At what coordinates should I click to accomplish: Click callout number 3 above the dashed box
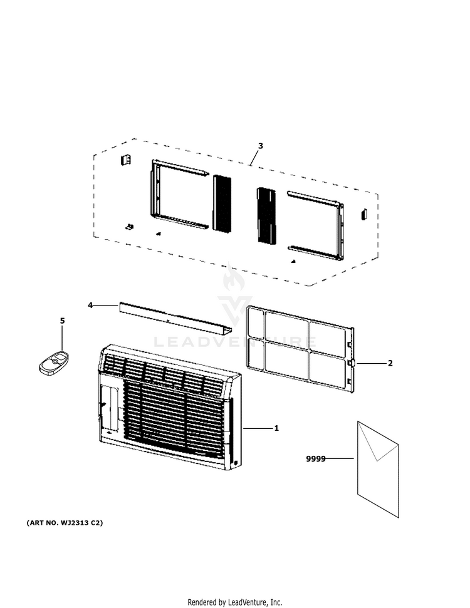(260, 146)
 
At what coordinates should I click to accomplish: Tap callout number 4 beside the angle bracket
(90, 305)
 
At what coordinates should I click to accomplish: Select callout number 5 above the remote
(62, 321)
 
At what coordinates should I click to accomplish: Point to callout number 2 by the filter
(390, 363)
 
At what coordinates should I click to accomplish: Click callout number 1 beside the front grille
(276, 428)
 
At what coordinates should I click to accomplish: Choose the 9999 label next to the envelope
(316, 459)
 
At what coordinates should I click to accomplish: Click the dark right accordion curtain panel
(266, 215)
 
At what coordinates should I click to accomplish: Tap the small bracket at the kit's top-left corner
(125, 160)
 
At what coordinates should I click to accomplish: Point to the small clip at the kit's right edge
(362, 214)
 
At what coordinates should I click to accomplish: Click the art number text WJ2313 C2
(65, 522)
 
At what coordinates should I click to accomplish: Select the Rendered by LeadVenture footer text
(235, 602)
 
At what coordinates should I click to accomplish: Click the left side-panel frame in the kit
(179, 195)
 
